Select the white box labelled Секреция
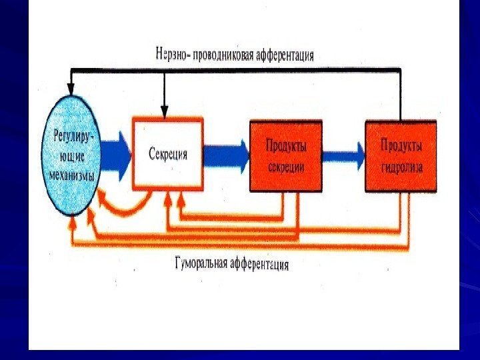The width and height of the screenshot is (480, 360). (167, 154)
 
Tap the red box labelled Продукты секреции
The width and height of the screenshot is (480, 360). (286, 156)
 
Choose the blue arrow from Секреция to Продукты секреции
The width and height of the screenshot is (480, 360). (225, 155)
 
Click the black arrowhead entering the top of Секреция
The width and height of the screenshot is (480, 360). (164, 110)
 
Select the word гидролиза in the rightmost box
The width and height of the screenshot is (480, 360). (402, 169)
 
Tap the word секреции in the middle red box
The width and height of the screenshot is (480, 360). (286, 169)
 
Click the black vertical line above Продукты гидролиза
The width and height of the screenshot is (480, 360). (401, 93)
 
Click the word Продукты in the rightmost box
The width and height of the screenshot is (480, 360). (401, 145)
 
